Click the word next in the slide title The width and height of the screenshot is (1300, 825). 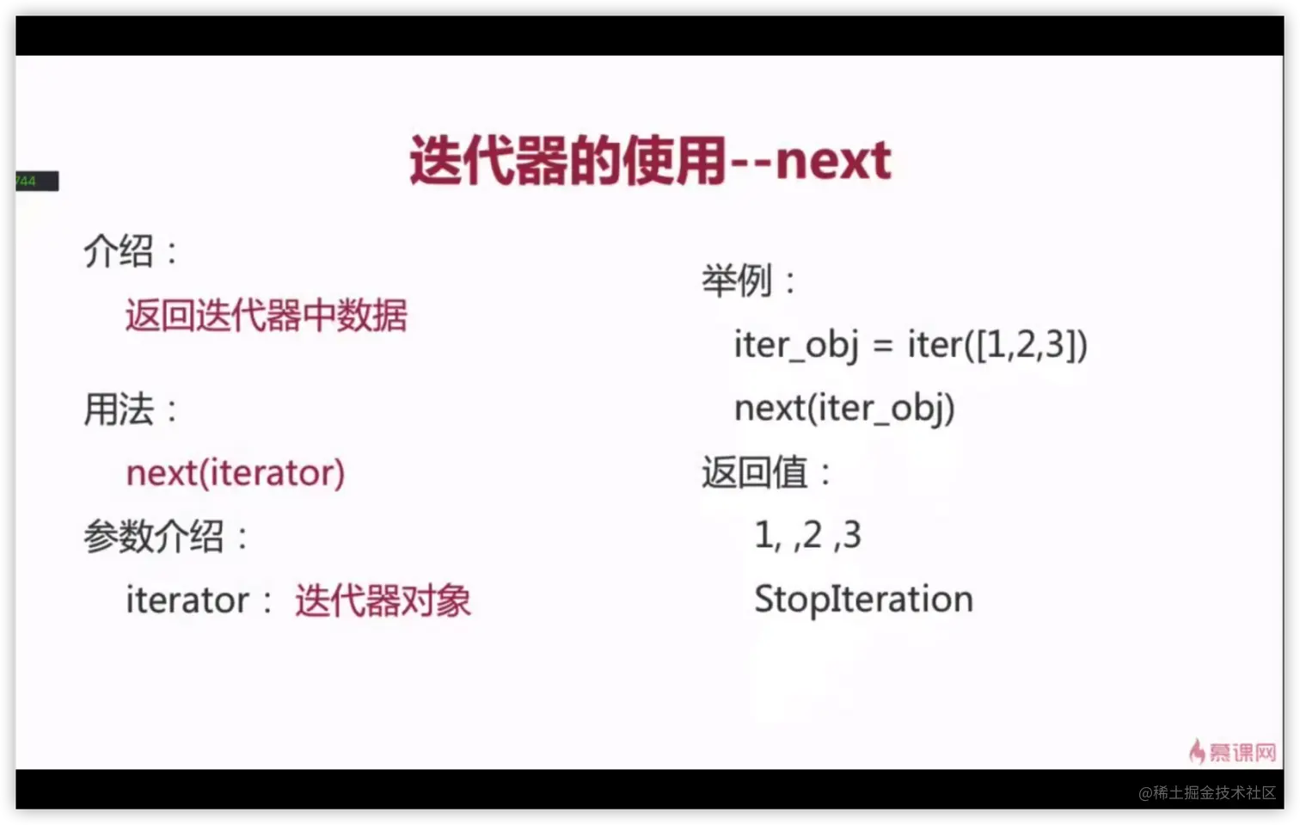pos(833,161)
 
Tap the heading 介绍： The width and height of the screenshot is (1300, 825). pos(132,251)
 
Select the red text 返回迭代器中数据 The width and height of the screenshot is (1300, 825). pos(267,315)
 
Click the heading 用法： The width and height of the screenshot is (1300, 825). pos(132,409)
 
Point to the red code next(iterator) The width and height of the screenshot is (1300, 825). pos(236,472)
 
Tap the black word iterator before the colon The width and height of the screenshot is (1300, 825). pos(187,599)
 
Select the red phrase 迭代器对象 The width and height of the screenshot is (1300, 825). pos(383,600)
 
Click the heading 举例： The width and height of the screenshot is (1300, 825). pos(749,280)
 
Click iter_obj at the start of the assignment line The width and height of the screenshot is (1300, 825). pos(796,345)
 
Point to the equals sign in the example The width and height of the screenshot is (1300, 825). pos(883,346)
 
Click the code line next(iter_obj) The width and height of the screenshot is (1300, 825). pos(845,408)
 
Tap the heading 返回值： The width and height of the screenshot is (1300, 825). pos(767,472)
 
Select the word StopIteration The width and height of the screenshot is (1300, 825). pos(863,599)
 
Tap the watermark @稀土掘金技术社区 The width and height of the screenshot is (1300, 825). pos(1207,792)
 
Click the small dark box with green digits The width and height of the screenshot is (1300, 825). pos(37,182)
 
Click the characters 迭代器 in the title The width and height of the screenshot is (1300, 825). pos(488,161)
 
